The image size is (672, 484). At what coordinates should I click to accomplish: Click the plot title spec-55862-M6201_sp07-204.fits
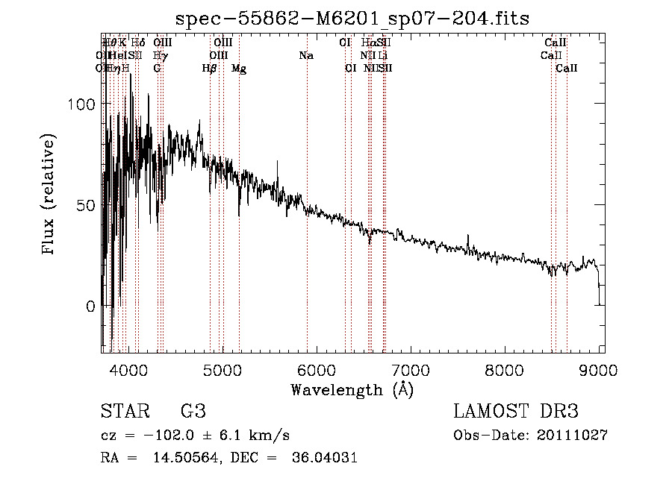point(351,19)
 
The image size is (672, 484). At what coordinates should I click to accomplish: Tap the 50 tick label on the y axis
point(87,205)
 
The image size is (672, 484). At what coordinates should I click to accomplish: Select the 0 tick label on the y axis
point(90,306)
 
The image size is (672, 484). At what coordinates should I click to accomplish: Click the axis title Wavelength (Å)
point(352,389)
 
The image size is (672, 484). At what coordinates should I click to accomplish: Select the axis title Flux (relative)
point(49,195)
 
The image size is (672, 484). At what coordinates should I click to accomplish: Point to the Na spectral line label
point(306,56)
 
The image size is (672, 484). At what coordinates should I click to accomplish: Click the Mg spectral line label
point(239,69)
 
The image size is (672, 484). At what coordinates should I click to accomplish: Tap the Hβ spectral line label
point(210,69)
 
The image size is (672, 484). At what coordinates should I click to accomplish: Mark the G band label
point(157,69)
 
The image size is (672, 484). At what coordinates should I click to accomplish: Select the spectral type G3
point(193,412)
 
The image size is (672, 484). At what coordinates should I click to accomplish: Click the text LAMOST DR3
point(516,412)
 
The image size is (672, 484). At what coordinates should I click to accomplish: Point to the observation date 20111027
point(572,435)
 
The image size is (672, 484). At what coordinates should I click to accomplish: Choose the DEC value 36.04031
point(323,457)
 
